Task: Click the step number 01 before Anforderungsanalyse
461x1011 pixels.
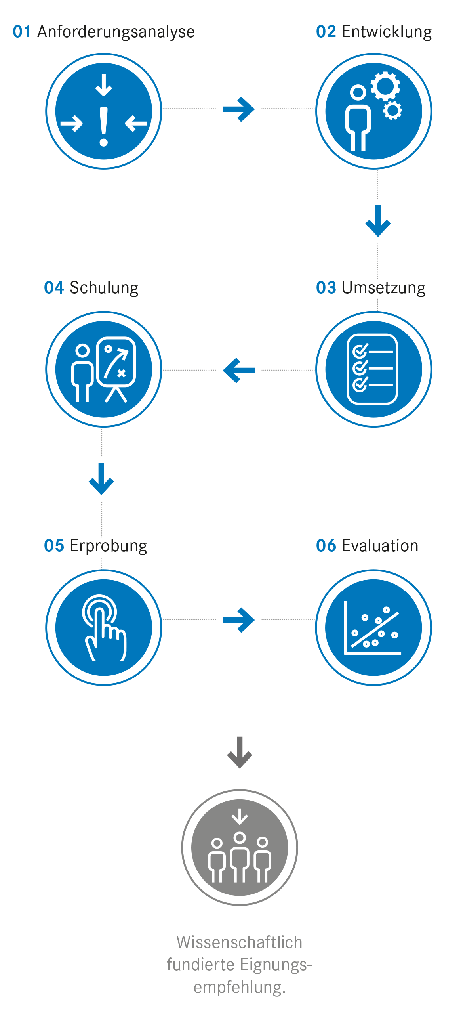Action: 22,32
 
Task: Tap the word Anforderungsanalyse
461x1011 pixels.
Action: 116,32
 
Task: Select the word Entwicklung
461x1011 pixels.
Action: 386,32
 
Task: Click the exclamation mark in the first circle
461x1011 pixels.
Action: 104,126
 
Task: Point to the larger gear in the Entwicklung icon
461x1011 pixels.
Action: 385,85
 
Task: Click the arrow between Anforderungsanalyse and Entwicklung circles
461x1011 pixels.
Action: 238,109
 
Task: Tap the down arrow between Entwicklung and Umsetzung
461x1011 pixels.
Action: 378,221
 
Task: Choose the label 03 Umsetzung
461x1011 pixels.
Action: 371,288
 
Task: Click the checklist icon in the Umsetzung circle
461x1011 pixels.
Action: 372,369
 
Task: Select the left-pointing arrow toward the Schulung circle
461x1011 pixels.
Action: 238,370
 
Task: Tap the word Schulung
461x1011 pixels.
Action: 104,288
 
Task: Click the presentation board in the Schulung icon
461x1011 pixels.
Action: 116,362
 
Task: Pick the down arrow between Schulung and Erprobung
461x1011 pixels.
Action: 101,479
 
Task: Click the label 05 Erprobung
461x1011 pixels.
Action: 96,546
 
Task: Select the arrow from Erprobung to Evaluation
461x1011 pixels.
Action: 238,620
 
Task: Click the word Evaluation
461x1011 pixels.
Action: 380,546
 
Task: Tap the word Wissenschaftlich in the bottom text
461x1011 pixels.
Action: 239,942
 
